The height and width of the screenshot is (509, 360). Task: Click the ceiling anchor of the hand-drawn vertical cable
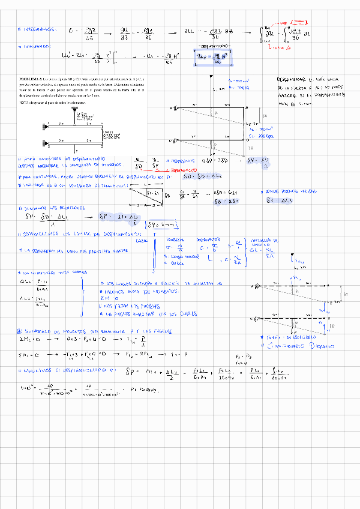pos(212,77)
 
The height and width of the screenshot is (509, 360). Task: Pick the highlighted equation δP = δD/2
pos(253,161)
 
